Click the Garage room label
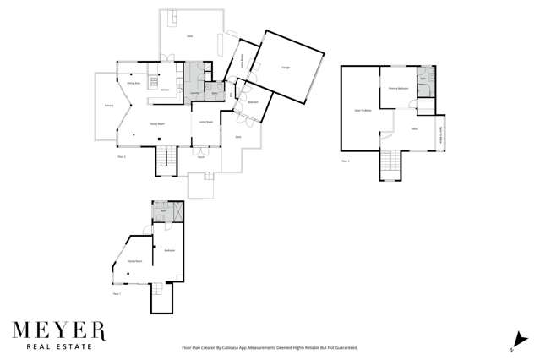pos(286,69)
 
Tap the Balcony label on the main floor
pos(108,106)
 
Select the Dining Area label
pos(133,83)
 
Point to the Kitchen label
pos(166,89)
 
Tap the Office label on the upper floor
pos(415,128)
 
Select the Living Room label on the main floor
pos(205,123)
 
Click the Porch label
pos(201,157)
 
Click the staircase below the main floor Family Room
pos(166,159)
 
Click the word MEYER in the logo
pos(58,330)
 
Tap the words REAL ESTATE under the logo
pos(58,346)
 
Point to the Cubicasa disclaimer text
pos(270,346)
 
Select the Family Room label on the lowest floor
pos(134,262)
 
